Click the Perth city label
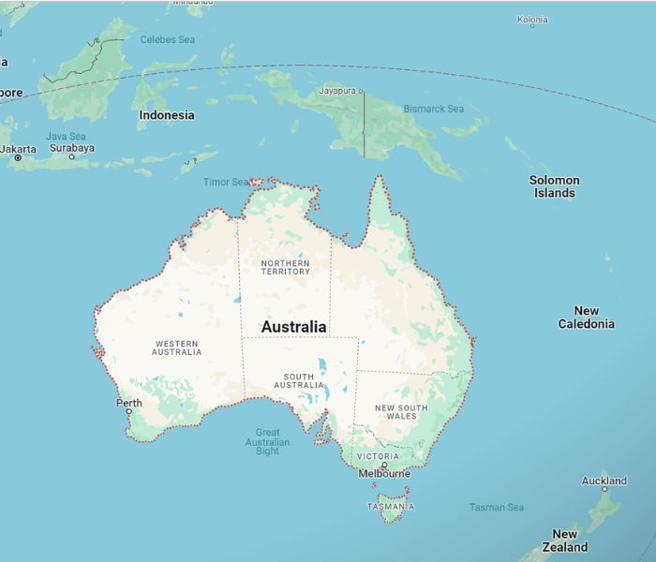[129, 404]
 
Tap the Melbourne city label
[384, 474]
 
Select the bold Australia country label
[294, 327]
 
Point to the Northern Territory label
[286, 267]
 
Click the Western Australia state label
[177, 348]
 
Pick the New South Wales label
[401, 412]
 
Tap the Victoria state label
[379, 456]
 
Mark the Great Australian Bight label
[268, 441]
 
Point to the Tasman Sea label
[497, 508]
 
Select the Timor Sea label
[226, 182]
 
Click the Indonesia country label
[167, 115]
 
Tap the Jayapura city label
[338, 91]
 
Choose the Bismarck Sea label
[434, 109]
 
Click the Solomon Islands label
[555, 186]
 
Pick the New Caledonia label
[587, 318]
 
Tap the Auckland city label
[604, 481]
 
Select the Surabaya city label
[71, 148]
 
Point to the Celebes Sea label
[168, 39]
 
